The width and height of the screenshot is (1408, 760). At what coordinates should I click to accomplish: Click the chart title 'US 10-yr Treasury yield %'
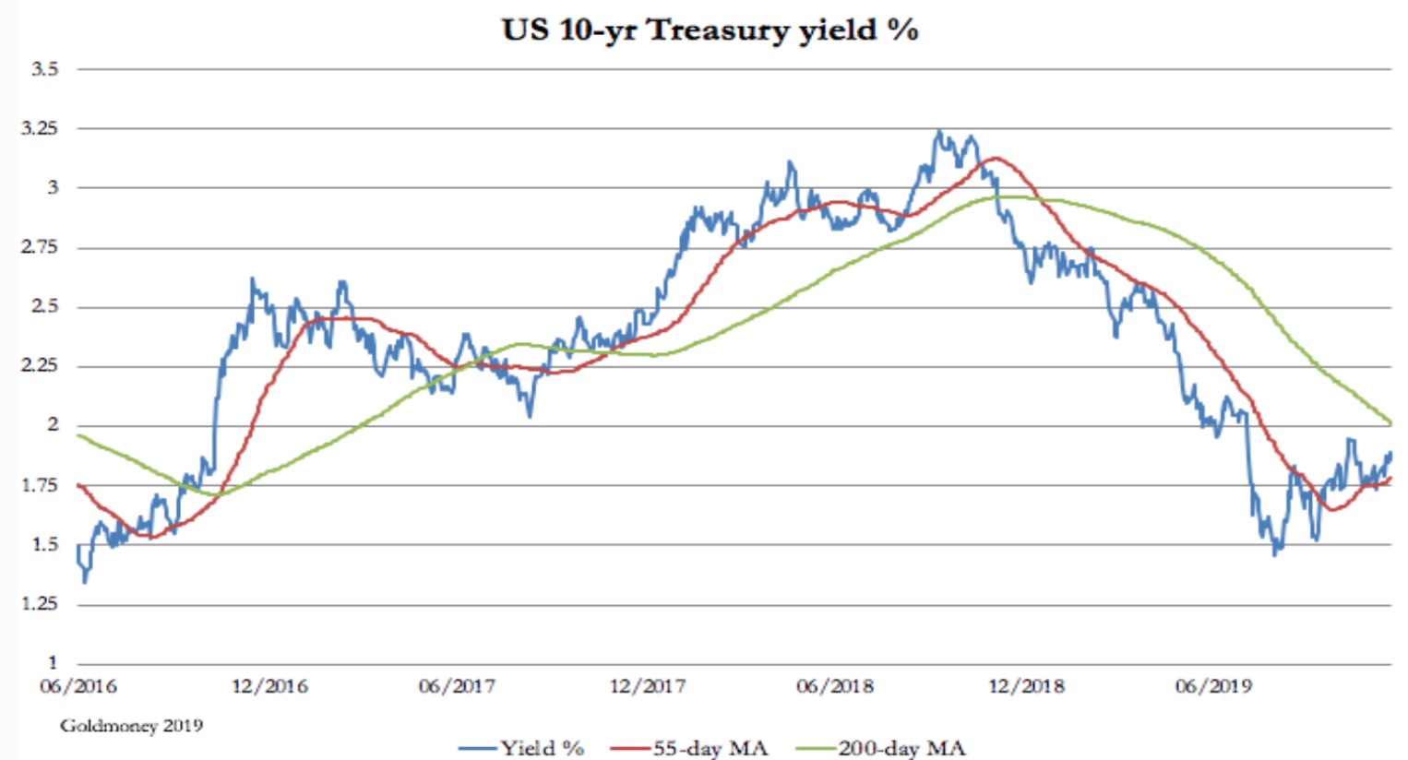tap(710, 30)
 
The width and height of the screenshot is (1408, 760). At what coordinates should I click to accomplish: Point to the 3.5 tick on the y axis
tap(45, 69)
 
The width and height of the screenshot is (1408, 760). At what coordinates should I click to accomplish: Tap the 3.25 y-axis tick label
tap(40, 128)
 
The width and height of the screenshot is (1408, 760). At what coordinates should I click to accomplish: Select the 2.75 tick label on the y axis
tap(40, 247)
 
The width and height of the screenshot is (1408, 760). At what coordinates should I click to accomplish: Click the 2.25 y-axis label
tap(40, 366)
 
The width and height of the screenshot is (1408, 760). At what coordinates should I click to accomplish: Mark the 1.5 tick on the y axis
tap(45, 544)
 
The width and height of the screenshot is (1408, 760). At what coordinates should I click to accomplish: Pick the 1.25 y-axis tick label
tap(40, 603)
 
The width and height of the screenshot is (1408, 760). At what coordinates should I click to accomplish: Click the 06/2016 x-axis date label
tap(78, 687)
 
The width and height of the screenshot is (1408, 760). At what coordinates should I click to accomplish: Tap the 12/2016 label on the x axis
tap(269, 687)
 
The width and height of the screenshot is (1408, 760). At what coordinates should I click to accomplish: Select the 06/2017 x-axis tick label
tap(457, 687)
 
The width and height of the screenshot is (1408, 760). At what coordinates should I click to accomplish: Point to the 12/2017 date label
tap(648, 687)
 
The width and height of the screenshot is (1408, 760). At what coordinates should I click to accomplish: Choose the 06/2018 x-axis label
tap(835, 687)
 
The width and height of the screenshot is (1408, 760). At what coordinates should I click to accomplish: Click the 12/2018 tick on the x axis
tap(1026, 687)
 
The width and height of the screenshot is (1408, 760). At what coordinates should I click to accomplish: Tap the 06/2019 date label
tap(1213, 687)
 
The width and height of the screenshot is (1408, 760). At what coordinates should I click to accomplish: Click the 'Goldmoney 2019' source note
tap(131, 726)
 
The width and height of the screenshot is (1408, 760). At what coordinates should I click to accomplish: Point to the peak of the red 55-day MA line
tap(994, 159)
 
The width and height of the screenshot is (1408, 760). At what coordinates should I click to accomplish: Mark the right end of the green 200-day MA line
tap(1390, 423)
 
